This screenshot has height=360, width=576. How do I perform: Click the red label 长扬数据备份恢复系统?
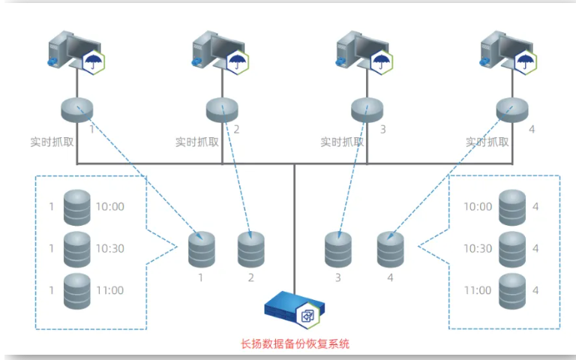(295, 345)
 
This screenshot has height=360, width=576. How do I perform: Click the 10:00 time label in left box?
(109, 206)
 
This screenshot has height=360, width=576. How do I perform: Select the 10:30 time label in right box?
(478, 248)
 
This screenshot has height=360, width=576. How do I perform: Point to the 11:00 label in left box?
(109, 290)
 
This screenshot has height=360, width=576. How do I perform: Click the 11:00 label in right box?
(478, 290)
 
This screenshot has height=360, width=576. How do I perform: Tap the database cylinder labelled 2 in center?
(251, 250)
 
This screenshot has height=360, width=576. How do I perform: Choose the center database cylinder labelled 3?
(338, 250)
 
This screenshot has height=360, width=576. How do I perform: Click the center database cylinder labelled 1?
(201, 250)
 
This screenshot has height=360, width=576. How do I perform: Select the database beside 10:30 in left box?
(77, 248)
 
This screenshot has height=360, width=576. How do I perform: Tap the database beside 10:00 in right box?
(512, 206)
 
